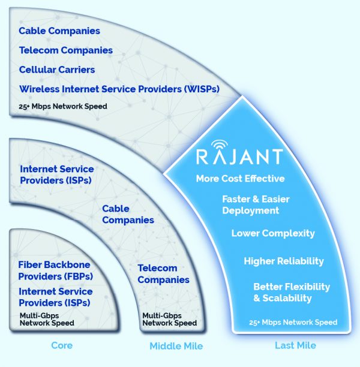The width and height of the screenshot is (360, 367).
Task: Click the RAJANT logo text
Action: pyautogui.click(x=239, y=157)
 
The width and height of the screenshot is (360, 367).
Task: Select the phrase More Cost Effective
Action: pyautogui.click(x=240, y=179)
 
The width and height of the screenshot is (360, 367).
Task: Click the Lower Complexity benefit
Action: pyautogui.click(x=273, y=233)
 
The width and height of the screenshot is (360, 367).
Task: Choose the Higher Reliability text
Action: pyautogui.click(x=284, y=261)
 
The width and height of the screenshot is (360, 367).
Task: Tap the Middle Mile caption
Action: pyautogui.click(x=176, y=347)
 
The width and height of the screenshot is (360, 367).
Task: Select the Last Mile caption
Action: pyautogui.click(x=295, y=347)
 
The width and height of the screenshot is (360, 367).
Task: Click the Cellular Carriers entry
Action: pyautogui.click(x=57, y=70)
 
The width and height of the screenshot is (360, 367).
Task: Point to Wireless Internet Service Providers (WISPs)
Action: pyautogui.click(x=119, y=89)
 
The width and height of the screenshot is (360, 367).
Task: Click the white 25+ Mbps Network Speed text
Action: pyautogui.click(x=293, y=323)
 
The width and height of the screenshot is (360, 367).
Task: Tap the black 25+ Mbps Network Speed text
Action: pyautogui.click(x=63, y=107)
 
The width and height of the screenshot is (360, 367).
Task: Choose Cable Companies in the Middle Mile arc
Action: pyautogui.click(x=128, y=214)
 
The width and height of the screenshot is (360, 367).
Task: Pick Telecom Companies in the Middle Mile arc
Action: pyautogui.click(x=163, y=274)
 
